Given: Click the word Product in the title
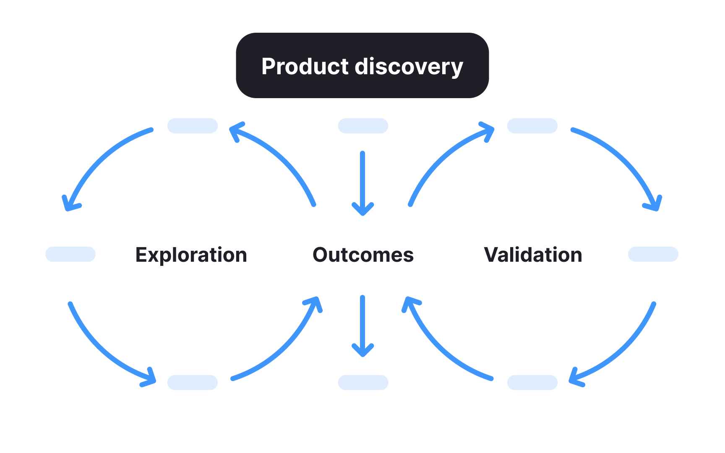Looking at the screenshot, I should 305,66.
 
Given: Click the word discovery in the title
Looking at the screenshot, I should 409,66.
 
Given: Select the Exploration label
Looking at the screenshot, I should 191,255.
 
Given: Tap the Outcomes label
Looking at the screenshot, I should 363,255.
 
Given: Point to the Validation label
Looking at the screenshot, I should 533,255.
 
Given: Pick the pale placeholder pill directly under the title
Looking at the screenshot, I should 363,126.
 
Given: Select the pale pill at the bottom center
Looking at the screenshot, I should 363,383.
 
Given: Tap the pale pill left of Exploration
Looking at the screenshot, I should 70,254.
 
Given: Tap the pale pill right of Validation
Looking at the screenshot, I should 653,254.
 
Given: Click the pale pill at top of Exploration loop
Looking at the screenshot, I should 193,126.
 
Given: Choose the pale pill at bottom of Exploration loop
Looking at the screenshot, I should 193,383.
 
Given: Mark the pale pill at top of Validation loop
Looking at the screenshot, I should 532,126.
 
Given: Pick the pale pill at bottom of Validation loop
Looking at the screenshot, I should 532,383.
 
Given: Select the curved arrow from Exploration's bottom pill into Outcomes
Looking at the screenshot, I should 285,348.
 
